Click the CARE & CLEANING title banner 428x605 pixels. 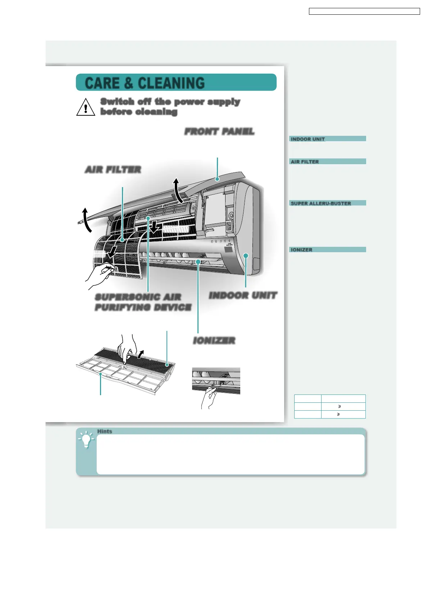coord(176,83)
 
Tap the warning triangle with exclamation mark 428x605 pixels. coord(86,107)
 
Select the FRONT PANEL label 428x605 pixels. coord(219,131)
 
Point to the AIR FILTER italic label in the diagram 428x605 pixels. coord(113,170)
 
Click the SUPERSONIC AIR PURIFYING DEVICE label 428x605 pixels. coord(143,302)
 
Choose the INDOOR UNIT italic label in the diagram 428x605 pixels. coord(243,296)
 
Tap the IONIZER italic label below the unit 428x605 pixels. coord(214,341)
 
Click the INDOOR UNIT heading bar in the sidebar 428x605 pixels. coord(327,139)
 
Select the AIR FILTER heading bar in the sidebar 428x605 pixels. coord(327,162)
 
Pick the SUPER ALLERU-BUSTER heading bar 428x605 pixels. coord(327,203)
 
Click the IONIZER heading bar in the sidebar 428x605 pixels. coord(327,250)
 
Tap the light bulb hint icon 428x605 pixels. coord(86,440)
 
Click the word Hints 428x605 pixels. coord(105,431)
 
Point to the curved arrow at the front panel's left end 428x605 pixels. coord(86,219)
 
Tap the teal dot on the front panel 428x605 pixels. coord(217,179)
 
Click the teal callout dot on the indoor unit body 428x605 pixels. coord(246,255)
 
